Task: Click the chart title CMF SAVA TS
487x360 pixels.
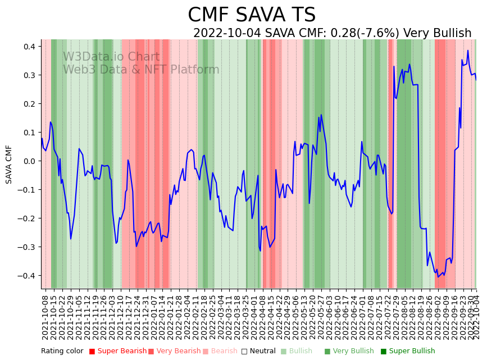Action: click(x=252, y=15)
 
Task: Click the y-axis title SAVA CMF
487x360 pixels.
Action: click(x=9, y=164)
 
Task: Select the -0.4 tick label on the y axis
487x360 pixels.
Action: click(x=28, y=276)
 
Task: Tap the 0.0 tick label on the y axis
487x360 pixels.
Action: click(x=30, y=161)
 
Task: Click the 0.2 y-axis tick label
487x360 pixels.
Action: click(x=30, y=104)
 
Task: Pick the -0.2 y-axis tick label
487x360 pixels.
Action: click(x=28, y=218)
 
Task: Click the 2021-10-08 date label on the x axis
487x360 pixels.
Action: click(x=45, y=317)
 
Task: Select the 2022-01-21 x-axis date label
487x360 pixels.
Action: click(x=171, y=317)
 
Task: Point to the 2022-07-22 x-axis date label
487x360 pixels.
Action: click(x=388, y=317)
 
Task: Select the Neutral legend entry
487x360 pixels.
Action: click(x=261, y=352)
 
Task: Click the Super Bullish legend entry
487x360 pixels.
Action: click(x=412, y=352)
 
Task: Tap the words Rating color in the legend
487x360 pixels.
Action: click(x=62, y=352)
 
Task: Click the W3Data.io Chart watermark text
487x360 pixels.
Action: click(x=111, y=57)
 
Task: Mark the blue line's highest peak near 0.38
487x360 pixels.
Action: click(x=467, y=51)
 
